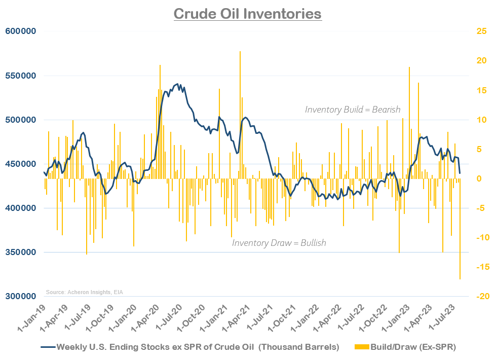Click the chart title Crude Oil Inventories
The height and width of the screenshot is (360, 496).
click(247, 13)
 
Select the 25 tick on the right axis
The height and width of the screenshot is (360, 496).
click(481, 31)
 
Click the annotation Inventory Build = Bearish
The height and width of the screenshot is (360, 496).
click(353, 110)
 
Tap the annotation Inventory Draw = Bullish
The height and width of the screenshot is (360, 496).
click(279, 243)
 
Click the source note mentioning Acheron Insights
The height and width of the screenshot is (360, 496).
click(84, 292)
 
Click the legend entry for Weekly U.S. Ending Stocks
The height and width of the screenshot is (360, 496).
click(198, 347)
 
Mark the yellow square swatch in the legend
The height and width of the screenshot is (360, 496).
click(361, 347)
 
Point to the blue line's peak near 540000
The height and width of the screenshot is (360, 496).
click(177, 84)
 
